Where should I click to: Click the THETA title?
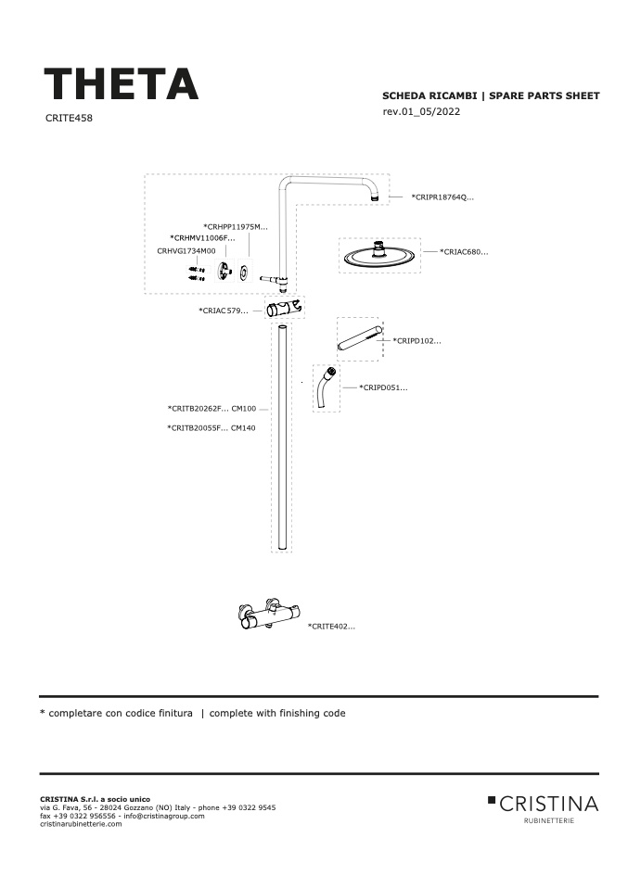pyautogui.click(x=122, y=84)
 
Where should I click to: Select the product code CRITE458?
pyautogui.click(x=69, y=119)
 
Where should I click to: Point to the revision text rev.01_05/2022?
pyautogui.click(x=421, y=111)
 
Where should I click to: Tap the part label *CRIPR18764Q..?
pyautogui.click(x=442, y=197)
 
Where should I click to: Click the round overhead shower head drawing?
pyautogui.click(x=379, y=256)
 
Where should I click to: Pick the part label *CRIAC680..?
pyautogui.click(x=464, y=252)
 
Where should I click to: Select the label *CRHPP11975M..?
pyautogui.click(x=236, y=227)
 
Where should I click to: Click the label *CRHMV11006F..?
pyautogui.click(x=202, y=238)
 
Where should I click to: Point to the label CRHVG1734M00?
pyautogui.click(x=186, y=251)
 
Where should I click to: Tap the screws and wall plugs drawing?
pyautogui.click(x=197, y=273)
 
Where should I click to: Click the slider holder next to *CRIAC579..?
pyautogui.click(x=285, y=310)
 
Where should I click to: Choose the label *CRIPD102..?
pyautogui.click(x=417, y=341)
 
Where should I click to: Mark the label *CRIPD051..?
pyautogui.click(x=383, y=388)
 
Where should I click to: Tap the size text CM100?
pyautogui.click(x=244, y=409)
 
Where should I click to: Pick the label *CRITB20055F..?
pyautogui.click(x=198, y=428)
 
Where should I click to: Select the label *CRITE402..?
pyautogui.click(x=331, y=627)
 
